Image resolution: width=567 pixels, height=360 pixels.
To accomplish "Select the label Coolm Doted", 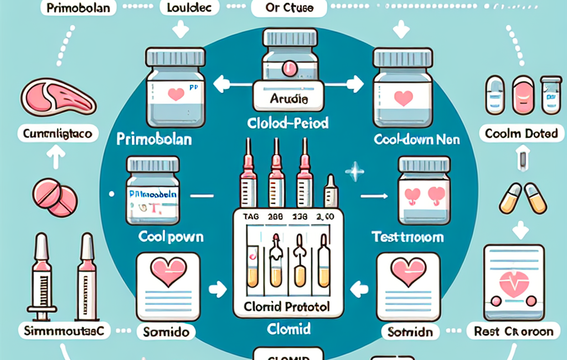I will [x=519, y=133].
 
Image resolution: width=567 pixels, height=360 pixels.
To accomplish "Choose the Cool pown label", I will [x=171, y=237].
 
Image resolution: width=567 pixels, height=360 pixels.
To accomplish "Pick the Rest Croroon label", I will [x=514, y=332].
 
